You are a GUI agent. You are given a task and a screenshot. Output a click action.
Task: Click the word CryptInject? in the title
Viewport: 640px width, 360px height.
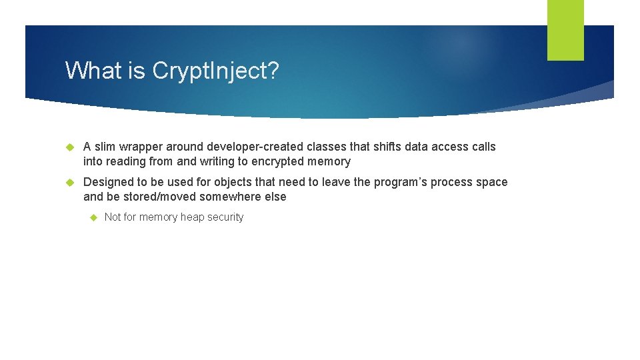pos(215,71)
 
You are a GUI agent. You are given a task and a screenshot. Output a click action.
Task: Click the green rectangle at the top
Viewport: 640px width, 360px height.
pos(565,30)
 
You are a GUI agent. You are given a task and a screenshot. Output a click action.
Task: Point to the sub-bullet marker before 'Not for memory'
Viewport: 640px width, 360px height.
pos(94,217)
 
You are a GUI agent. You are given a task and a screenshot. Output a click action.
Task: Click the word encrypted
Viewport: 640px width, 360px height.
pos(279,161)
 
